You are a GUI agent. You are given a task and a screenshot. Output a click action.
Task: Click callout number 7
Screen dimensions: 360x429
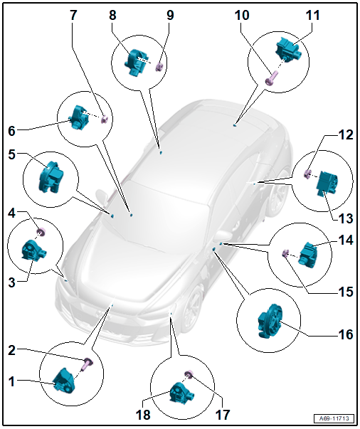(73, 15)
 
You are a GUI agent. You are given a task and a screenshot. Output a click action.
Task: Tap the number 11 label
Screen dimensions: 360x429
(312, 15)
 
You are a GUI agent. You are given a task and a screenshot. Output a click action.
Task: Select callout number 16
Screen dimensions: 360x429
(346, 334)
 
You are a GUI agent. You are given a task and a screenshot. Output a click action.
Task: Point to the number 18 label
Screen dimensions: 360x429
(143, 415)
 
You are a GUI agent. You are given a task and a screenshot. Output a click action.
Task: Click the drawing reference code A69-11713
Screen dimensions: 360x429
(334, 418)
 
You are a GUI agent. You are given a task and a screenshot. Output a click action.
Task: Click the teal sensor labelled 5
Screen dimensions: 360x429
(51, 176)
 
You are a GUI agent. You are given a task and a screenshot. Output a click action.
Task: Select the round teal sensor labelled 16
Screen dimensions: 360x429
(269, 322)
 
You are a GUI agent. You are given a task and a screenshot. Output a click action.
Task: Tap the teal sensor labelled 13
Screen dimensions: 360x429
(327, 183)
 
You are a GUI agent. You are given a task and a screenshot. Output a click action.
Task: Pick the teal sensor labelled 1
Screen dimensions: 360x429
(64, 381)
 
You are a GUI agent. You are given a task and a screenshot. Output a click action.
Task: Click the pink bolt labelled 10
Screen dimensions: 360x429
(271, 78)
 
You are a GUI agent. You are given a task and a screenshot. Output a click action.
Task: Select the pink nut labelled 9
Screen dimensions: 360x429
(159, 66)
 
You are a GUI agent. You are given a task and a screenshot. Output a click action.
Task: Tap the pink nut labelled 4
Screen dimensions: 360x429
(41, 232)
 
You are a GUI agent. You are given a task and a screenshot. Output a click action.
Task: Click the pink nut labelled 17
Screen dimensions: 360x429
(189, 374)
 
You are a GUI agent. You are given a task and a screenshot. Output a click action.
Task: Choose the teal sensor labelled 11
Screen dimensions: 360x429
(288, 51)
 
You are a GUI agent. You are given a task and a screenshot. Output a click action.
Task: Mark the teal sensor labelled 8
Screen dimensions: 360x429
(137, 63)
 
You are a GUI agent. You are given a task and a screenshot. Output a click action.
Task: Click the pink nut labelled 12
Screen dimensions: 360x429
(308, 174)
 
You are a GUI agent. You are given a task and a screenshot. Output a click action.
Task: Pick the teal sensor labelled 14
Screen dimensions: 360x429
(308, 255)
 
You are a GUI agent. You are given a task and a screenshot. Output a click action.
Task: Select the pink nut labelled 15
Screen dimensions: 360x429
(285, 253)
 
